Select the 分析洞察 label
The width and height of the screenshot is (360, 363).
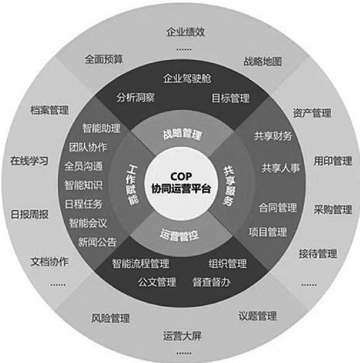(134, 98)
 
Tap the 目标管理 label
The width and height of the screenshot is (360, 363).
(230, 98)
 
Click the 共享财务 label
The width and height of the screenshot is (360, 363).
(273, 136)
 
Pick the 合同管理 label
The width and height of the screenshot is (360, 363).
(278, 207)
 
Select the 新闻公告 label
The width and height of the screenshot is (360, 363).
(98, 242)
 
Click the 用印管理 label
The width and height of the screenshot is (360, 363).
(332, 160)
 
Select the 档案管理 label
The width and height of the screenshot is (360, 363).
(50, 111)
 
